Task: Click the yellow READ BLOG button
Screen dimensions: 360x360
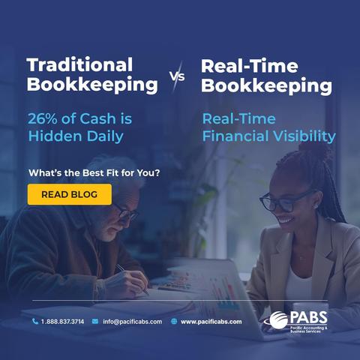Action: coord(70,194)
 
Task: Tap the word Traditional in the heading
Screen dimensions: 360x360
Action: coord(79,64)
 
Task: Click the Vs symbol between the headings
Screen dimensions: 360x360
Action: coord(178,76)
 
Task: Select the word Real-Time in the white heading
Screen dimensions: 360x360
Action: coord(250,66)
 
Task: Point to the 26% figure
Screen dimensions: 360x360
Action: coord(43,118)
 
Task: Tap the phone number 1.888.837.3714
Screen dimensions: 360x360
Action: coord(62,322)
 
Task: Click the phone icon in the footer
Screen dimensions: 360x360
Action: coord(35,321)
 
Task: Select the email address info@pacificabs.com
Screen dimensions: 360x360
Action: coord(133,322)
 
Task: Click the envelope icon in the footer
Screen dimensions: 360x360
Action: coord(95,321)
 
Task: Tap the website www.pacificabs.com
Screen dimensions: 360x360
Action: coord(211,322)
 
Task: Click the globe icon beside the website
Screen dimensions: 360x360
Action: coord(174,321)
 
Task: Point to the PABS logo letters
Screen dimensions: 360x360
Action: coord(308,318)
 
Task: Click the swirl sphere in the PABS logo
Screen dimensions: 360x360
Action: coord(278,320)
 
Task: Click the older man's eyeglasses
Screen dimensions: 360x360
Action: coord(126,212)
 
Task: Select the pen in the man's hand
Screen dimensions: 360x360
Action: coord(133,280)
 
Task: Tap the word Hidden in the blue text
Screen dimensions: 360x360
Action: coord(55,136)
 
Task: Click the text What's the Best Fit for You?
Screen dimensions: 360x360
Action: coord(94,172)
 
